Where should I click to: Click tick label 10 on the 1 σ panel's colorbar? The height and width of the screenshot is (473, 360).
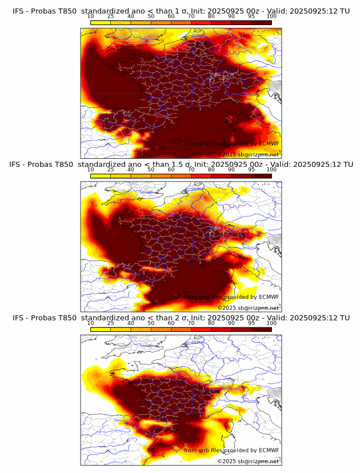click(91, 17)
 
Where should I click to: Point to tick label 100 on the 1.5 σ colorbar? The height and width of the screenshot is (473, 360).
click(271, 170)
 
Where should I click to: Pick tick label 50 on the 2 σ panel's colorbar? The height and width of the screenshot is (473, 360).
click(151, 323)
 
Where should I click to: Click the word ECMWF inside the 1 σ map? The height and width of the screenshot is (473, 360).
click(269, 144)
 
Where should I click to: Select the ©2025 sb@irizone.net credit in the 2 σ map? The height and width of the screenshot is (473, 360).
click(248, 461)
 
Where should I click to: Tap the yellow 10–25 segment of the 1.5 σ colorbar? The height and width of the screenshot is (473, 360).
click(101, 175)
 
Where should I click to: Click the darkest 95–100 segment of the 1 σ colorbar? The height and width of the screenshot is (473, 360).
click(262, 22)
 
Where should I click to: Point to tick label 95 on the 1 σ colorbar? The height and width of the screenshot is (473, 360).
click(251, 17)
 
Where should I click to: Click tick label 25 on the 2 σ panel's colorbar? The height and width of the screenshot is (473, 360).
click(111, 323)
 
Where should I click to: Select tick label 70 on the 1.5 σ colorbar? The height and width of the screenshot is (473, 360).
click(191, 170)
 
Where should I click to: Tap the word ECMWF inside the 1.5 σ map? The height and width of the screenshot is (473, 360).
click(269, 297)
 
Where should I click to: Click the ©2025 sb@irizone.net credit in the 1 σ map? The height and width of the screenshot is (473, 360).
click(248, 155)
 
